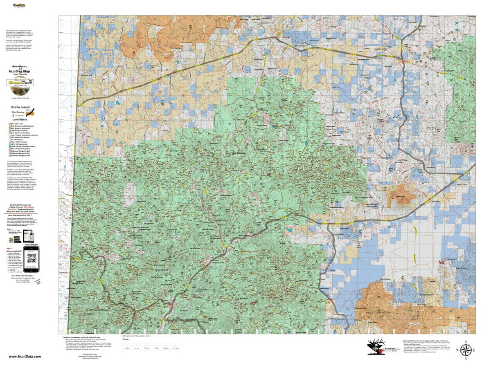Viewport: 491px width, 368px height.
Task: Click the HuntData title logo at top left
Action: click(x=19, y=6)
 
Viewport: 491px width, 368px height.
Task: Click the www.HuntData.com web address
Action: click(x=25, y=357)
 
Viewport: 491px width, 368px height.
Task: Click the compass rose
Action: click(x=466, y=350)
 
